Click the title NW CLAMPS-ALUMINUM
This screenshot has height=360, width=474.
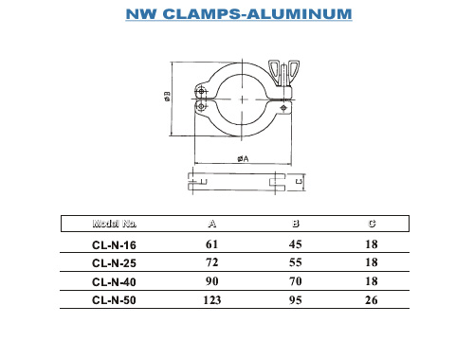tap(239, 14)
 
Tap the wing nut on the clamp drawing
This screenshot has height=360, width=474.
tap(283, 73)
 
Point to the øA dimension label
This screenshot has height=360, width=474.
tap(243, 158)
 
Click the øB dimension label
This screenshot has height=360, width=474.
tap(167, 97)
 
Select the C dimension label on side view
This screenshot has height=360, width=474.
tap(299, 182)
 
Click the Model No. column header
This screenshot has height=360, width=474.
tap(115, 224)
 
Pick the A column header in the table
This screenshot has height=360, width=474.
tap(212, 224)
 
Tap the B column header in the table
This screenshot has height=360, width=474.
tap(296, 224)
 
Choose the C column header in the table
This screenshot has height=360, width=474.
tap(372, 224)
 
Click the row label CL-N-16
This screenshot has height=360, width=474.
tap(114, 245)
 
